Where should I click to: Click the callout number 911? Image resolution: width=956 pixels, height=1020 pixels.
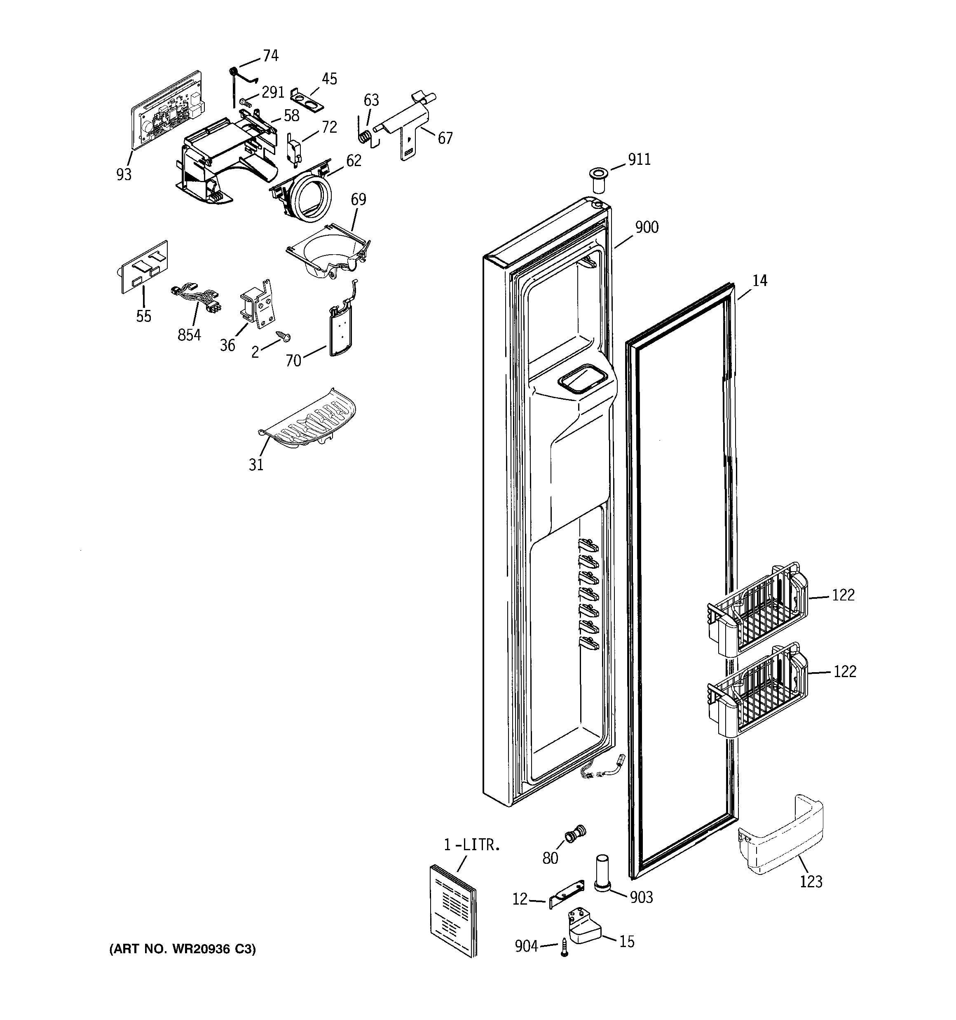pos(640,159)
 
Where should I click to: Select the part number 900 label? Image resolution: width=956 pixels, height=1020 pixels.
pos(647,227)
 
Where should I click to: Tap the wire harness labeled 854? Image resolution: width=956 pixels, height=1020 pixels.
pos(197,299)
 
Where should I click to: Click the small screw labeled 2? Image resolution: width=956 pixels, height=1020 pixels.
pos(283,335)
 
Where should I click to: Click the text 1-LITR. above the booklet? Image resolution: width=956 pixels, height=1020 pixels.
pos(471,845)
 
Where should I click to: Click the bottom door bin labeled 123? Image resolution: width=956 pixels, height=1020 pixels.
pos(780,840)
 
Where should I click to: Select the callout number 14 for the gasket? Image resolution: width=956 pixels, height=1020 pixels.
pos(759,281)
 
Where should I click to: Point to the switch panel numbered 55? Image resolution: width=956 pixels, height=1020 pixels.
pos(144,266)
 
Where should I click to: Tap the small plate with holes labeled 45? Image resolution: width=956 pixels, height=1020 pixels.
pos(307,98)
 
